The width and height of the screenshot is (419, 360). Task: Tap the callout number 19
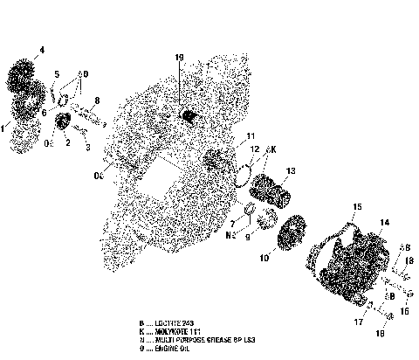(x=179, y=59)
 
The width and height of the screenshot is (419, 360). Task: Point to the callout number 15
(x=356, y=207)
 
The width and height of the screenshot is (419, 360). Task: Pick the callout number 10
(x=263, y=259)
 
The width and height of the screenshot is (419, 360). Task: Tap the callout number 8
(x=97, y=101)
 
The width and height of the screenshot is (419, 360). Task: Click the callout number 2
(x=67, y=142)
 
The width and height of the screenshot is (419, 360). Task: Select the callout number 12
(x=254, y=149)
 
